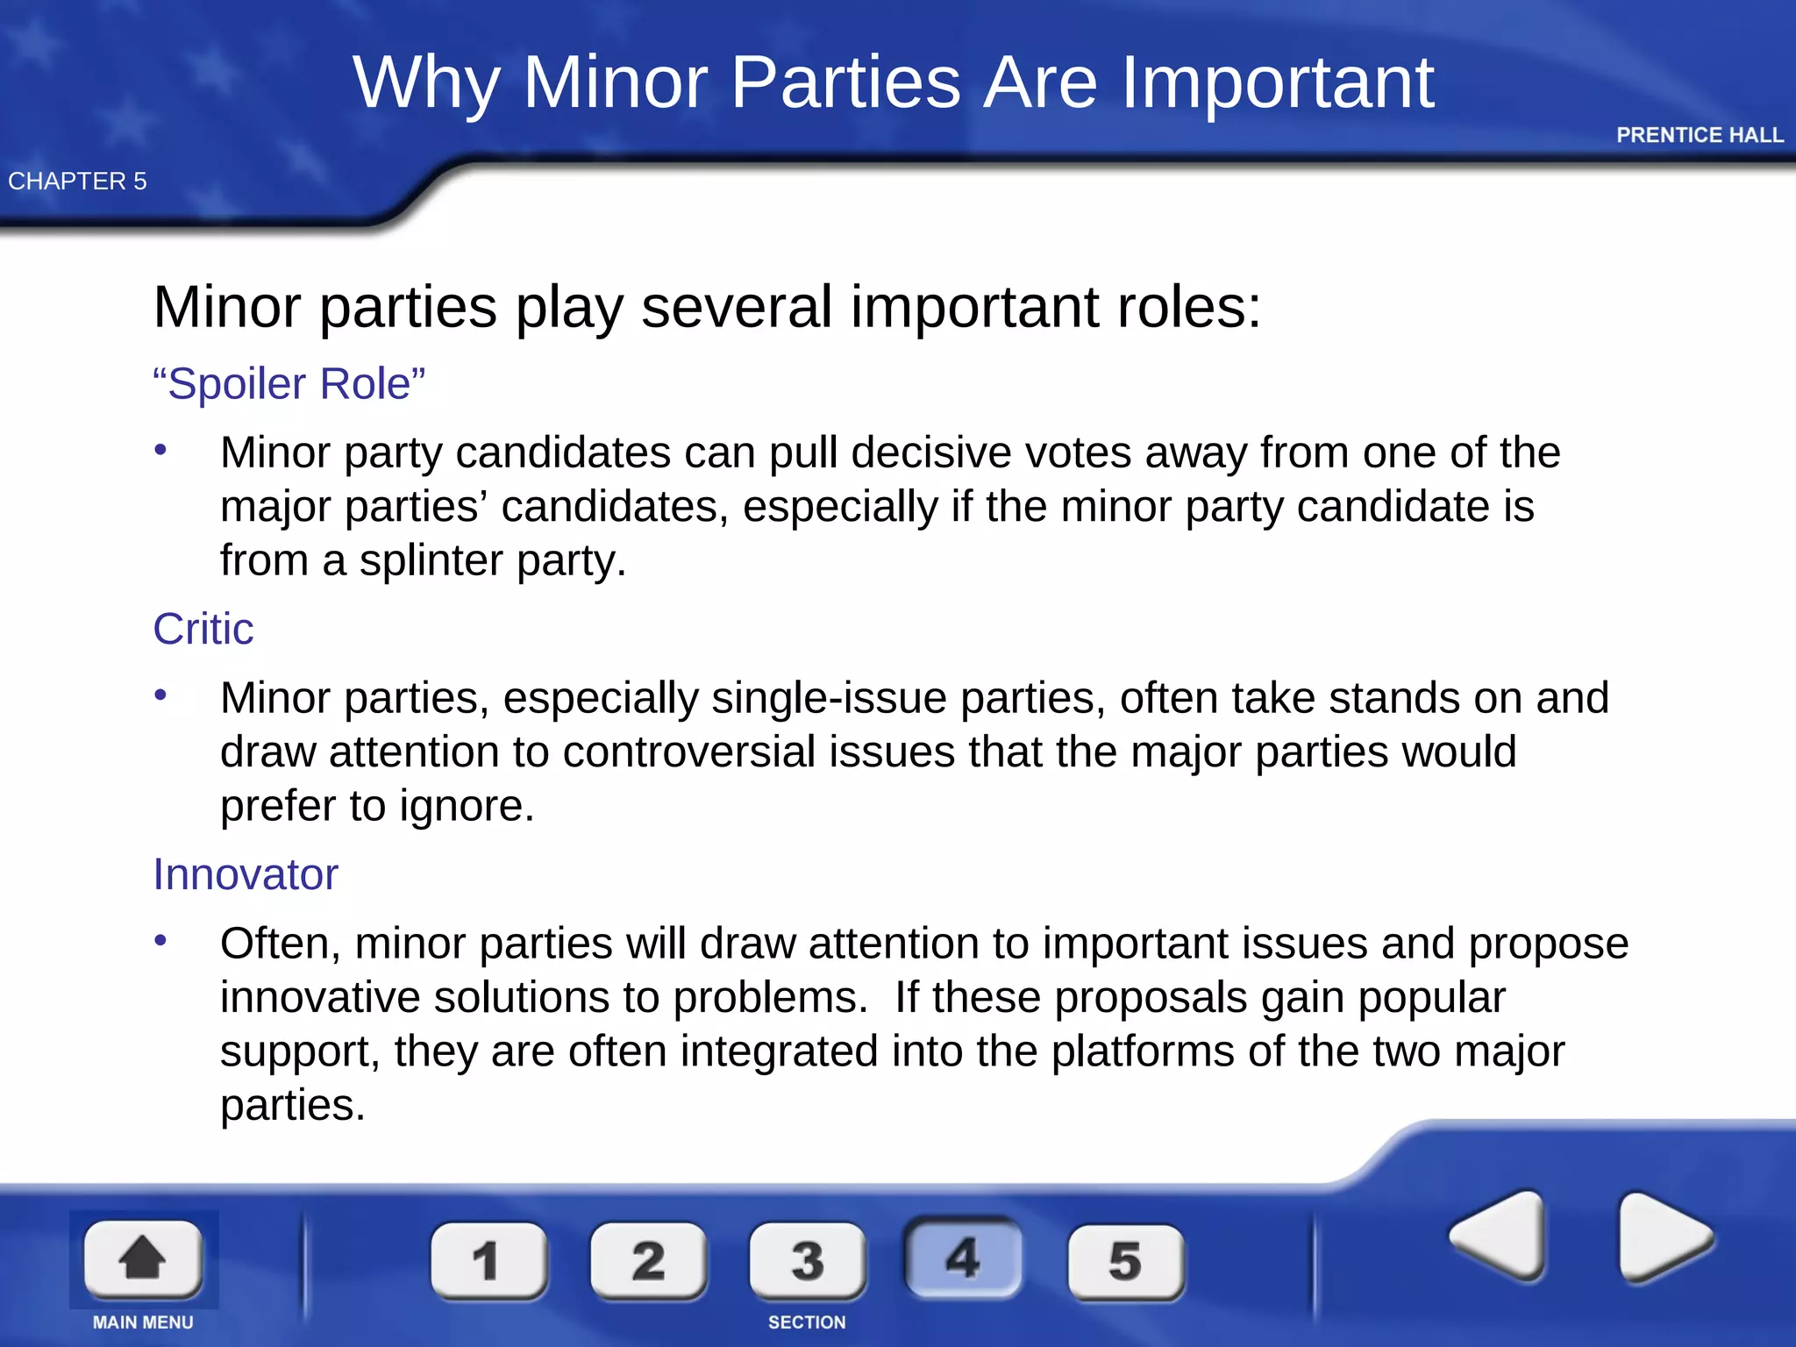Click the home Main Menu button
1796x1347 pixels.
point(143,1259)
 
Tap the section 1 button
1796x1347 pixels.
point(488,1261)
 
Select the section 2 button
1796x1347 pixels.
point(648,1261)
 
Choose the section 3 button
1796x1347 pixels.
point(807,1261)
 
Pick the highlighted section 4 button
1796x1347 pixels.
point(963,1258)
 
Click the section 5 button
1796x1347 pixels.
point(1125,1261)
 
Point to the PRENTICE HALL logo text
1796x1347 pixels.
point(1700,135)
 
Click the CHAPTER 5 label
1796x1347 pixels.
point(77,181)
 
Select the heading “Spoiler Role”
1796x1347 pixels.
point(289,384)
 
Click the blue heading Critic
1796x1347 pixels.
point(203,629)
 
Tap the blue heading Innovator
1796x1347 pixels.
point(246,874)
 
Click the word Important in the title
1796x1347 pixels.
point(1279,82)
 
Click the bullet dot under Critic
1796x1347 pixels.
point(160,695)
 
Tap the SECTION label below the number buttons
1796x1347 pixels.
point(807,1322)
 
